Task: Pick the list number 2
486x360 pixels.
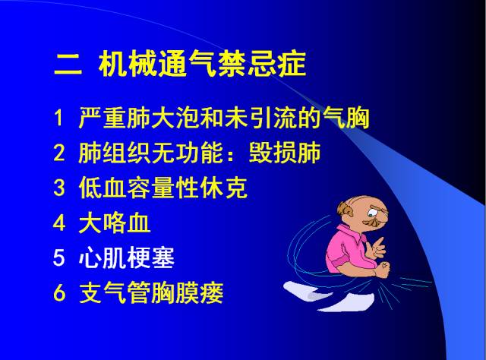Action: click(60, 154)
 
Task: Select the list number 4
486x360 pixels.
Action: click(60, 223)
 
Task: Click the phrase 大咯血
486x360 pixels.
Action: click(115, 223)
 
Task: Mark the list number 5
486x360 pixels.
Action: click(60, 258)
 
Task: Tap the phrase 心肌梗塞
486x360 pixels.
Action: click(126, 258)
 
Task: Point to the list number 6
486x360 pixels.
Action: click(60, 293)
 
